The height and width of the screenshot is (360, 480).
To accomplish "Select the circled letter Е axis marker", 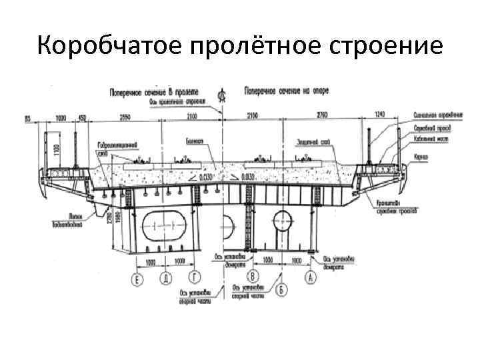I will point(137,280).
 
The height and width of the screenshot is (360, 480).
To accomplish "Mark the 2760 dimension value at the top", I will point(321,117).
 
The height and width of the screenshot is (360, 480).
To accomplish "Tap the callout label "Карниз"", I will point(419,157).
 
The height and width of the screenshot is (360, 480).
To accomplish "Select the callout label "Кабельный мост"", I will point(430,140).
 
